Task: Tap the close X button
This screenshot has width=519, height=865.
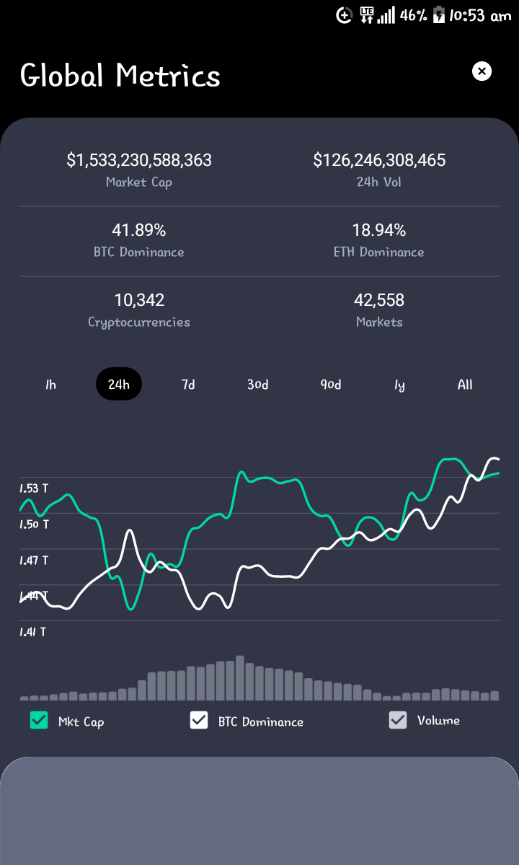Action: click(x=482, y=71)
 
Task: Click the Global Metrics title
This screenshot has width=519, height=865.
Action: click(x=120, y=75)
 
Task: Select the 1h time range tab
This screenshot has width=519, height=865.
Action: click(x=50, y=385)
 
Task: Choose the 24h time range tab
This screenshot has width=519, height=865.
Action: click(x=119, y=384)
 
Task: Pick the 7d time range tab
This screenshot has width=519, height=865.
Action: click(x=188, y=385)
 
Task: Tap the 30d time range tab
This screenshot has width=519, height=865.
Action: click(x=258, y=385)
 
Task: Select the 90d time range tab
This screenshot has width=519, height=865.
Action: click(x=331, y=385)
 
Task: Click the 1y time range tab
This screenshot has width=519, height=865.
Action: click(x=399, y=385)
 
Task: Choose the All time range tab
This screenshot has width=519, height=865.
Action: click(x=465, y=385)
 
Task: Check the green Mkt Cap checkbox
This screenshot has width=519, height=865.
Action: click(x=39, y=720)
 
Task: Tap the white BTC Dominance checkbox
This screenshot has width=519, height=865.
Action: click(x=199, y=720)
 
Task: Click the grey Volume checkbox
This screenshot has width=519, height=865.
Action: click(x=398, y=720)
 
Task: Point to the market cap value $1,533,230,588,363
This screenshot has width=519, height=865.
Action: click(x=139, y=160)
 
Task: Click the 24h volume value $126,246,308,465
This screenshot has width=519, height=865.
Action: click(x=379, y=160)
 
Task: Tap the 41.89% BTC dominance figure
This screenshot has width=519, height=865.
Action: click(x=139, y=230)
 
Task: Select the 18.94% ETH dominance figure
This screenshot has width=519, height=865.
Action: click(x=379, y=230)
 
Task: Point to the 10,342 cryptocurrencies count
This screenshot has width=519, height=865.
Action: click(x=139, y=300)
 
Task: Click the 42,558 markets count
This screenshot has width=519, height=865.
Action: click(x=379, y=300)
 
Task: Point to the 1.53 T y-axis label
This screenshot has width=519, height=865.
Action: click(x=34, y=488)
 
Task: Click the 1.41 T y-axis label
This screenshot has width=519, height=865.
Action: click(x=33, y=632)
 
